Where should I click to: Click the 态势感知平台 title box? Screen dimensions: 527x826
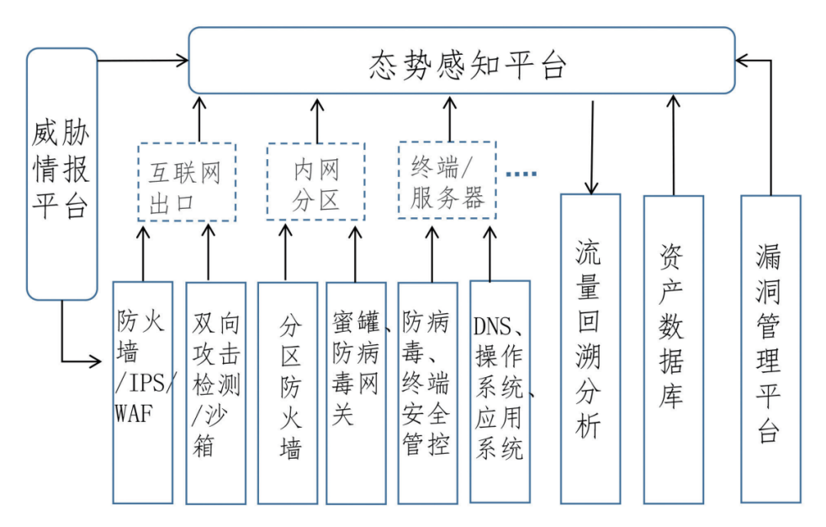tap(462, 61)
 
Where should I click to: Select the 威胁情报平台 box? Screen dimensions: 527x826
tap(61, 173)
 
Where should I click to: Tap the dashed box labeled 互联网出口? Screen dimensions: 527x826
tap(187, 183)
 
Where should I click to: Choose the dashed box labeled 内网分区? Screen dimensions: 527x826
tap(316, 183)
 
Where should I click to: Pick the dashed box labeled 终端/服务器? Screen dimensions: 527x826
tap(447, 183)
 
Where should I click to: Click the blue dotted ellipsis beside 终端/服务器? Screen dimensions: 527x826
tap(522, 174)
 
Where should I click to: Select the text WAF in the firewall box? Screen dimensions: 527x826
tap(132, 413)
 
